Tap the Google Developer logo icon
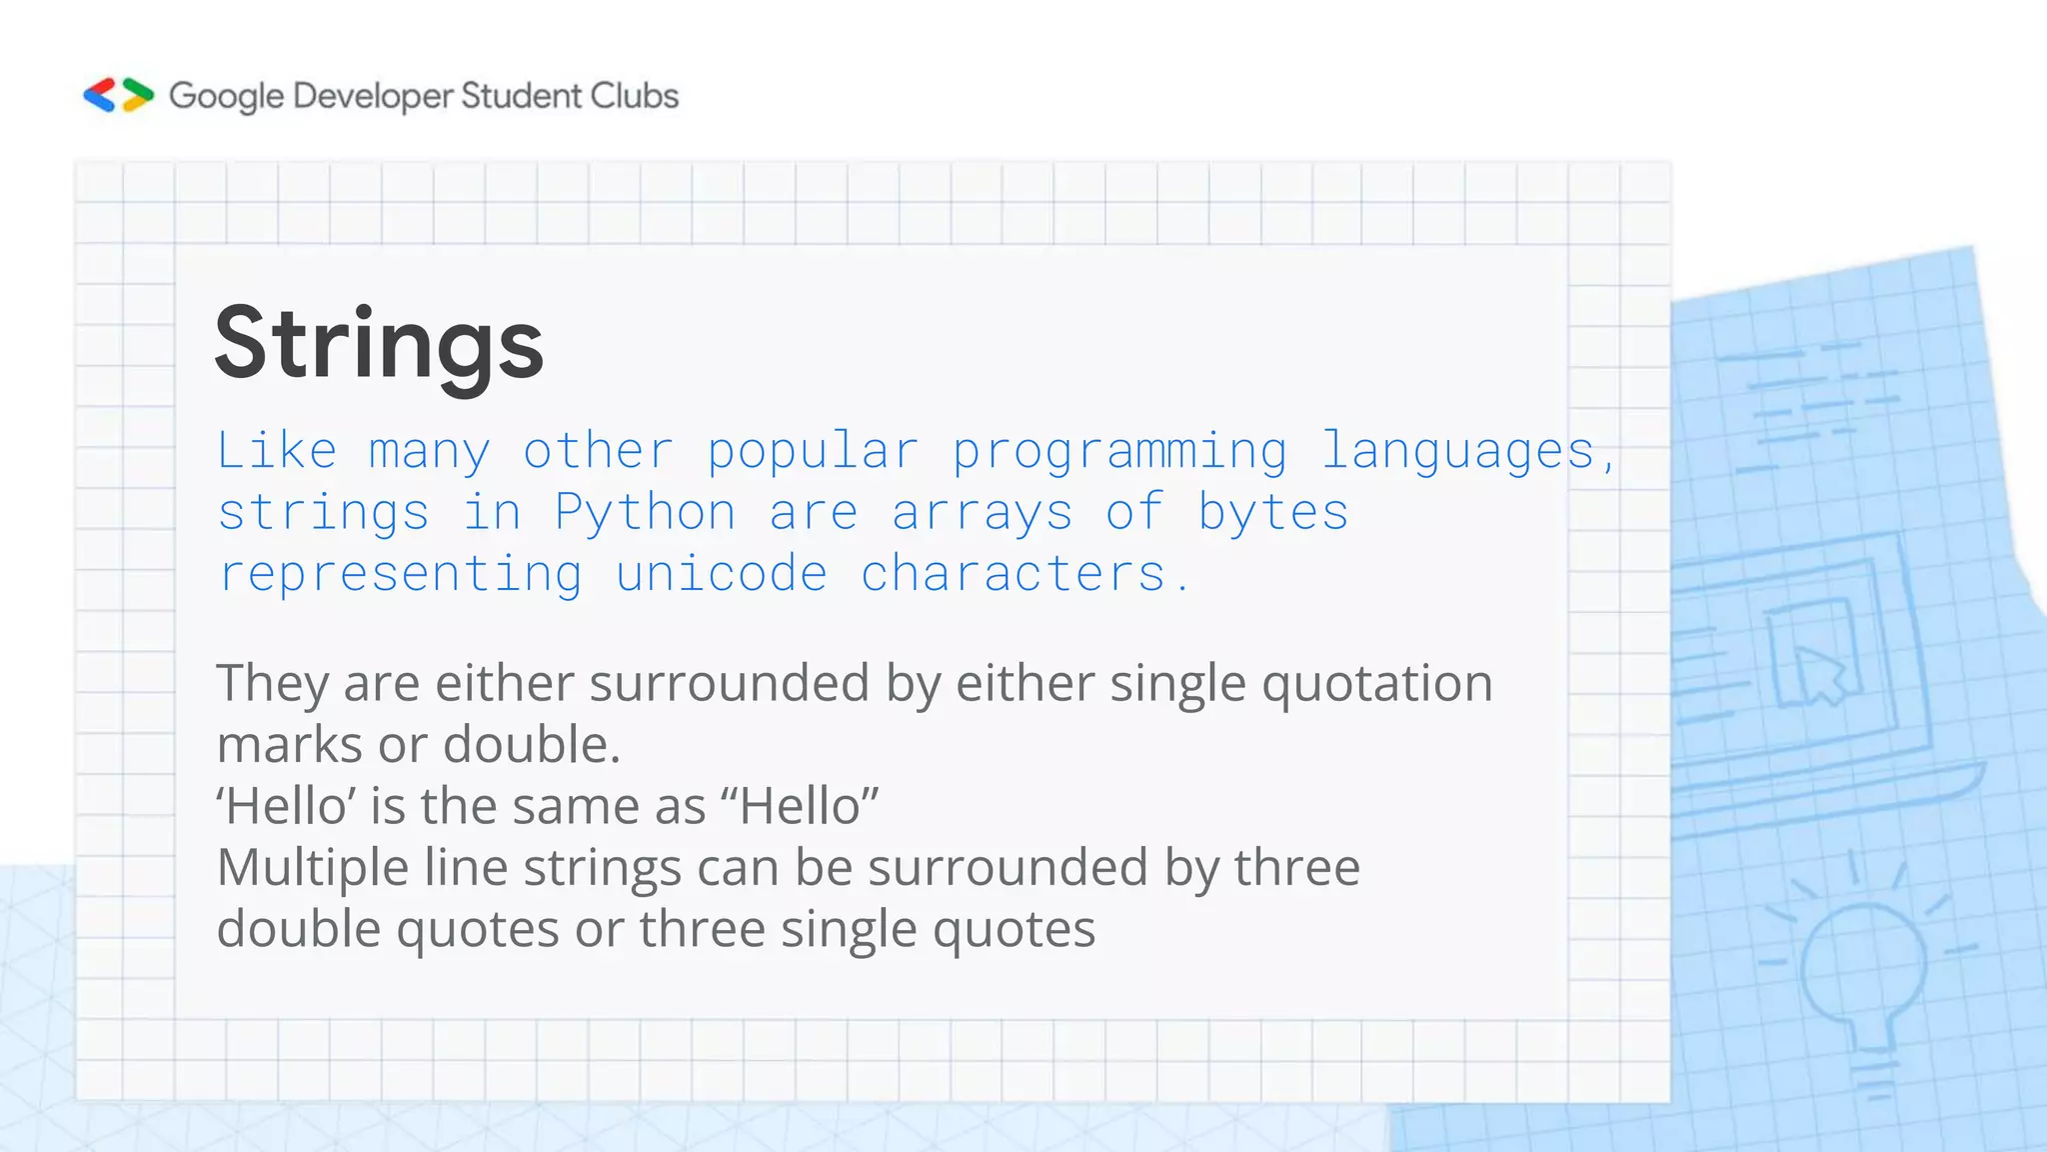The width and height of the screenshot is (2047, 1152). [x=118, y=95]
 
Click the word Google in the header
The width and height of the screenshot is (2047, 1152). [x=226, y=96]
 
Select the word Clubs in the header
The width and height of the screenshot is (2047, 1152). [x=634, y=96]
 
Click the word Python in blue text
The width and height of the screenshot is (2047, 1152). [x=645, y=513]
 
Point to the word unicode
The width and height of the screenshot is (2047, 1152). [x=721, y=574]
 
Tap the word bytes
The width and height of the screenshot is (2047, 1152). [x=1272, y=513]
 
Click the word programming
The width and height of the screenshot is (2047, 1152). [x=1118, y=452]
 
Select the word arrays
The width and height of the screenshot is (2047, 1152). [x=982, y=513]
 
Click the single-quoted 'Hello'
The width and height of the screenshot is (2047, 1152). [x=286, y=806]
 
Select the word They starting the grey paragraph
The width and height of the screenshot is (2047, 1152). [x=272, y=684]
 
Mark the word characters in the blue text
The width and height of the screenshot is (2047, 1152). [x=1013, y=574]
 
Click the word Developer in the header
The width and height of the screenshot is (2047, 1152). [x=373, y=96]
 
